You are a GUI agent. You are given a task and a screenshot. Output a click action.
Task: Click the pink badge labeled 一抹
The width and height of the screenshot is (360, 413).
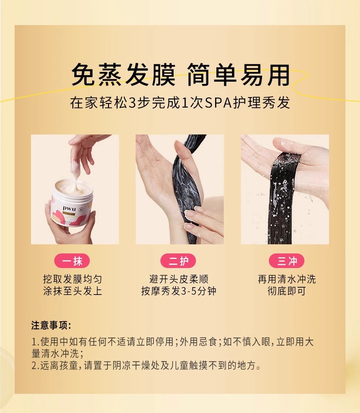(x=72, y=261)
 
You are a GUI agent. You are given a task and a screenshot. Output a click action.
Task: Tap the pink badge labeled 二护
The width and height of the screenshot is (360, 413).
(x=178, y=261)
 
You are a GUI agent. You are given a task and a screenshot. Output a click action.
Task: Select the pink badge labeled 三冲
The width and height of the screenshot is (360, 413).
(x=287, y=261)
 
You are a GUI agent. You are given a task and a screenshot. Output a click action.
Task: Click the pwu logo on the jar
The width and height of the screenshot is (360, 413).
(x=69, y=208)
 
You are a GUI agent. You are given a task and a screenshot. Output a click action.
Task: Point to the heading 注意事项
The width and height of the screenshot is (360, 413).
(x=51, y=325)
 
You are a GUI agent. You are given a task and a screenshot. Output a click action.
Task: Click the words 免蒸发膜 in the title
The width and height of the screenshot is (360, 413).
(x=123, y=75)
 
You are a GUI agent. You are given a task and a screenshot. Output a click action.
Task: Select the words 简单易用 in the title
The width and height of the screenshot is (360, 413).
(x=239, y=75)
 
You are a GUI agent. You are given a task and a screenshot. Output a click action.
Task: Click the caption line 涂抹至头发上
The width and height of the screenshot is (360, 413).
(x=72, y=291)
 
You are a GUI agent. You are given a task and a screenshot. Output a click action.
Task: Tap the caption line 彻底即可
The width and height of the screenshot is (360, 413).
(x=287, y=291)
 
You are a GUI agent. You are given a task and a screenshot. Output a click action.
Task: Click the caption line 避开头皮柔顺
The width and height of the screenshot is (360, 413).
(x=179, y=279)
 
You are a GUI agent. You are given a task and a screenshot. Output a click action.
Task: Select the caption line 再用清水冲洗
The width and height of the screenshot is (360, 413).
(x=287, y=279)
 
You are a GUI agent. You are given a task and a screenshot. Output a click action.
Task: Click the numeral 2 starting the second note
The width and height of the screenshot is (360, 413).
(x=34, y=366)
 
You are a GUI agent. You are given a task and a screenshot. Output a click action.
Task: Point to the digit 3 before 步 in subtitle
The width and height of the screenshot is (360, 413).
(x=133, y=103)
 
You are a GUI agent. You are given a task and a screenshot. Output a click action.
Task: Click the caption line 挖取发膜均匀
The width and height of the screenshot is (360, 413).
(x=72, y=279)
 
